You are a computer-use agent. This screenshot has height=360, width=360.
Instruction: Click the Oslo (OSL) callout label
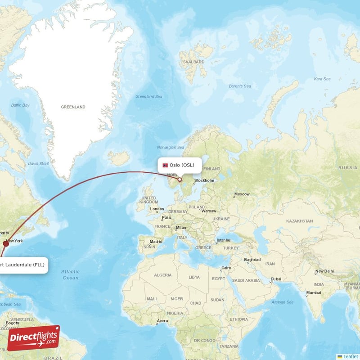179,165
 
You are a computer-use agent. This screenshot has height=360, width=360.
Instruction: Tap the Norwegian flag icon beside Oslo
165,165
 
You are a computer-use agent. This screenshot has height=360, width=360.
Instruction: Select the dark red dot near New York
6,243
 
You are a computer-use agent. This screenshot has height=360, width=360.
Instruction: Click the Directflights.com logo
34,338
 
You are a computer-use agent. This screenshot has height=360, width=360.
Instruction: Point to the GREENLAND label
73,107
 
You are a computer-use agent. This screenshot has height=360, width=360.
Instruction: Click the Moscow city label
242,194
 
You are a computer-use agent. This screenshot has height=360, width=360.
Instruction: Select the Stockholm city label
204,181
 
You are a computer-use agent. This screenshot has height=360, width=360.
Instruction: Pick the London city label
157,209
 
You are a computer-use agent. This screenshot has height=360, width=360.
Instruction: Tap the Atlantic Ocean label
70,274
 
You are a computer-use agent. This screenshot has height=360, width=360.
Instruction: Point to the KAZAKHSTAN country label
299,221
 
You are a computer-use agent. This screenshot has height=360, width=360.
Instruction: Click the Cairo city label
225,269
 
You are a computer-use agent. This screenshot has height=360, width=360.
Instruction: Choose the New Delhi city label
324,271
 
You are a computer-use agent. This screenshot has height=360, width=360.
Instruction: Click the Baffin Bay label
20,105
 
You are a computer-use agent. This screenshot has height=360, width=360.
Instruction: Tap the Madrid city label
156,242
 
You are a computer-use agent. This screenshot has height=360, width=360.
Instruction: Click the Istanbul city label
224,240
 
